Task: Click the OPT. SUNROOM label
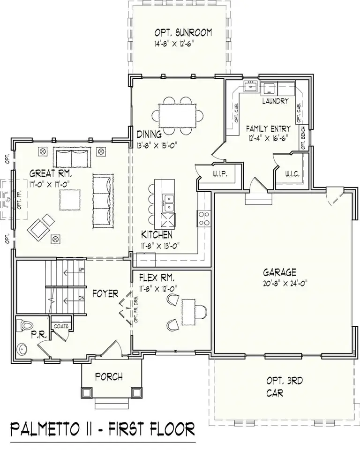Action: [183, 33]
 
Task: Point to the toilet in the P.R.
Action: [23, 324]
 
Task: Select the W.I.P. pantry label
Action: [219, 175]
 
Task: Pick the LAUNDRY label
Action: [275, 101]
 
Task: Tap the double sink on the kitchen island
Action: [168, 203]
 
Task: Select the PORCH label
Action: [109, 376]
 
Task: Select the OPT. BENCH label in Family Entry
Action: [303, 139]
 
